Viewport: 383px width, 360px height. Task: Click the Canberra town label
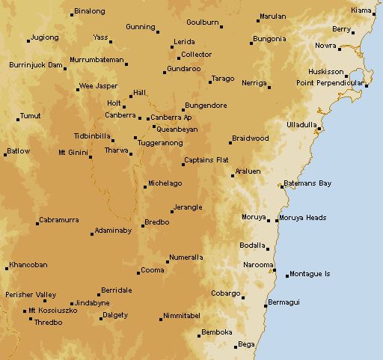point(120,115)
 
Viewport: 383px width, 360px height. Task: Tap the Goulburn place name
point(202,22)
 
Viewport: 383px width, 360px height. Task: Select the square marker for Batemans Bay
point(282,186)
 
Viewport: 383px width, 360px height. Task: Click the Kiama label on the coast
point(361,10)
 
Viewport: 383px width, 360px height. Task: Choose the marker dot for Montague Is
point(287,275)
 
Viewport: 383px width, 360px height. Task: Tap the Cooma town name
point(153,269)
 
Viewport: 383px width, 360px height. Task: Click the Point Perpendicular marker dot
point(367,85)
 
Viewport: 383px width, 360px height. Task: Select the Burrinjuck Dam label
point(35,65)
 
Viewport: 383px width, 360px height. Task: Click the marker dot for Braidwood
point(230,142)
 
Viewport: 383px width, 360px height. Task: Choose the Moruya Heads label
point(302,219)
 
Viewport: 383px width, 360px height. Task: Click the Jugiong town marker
point(28,40)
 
